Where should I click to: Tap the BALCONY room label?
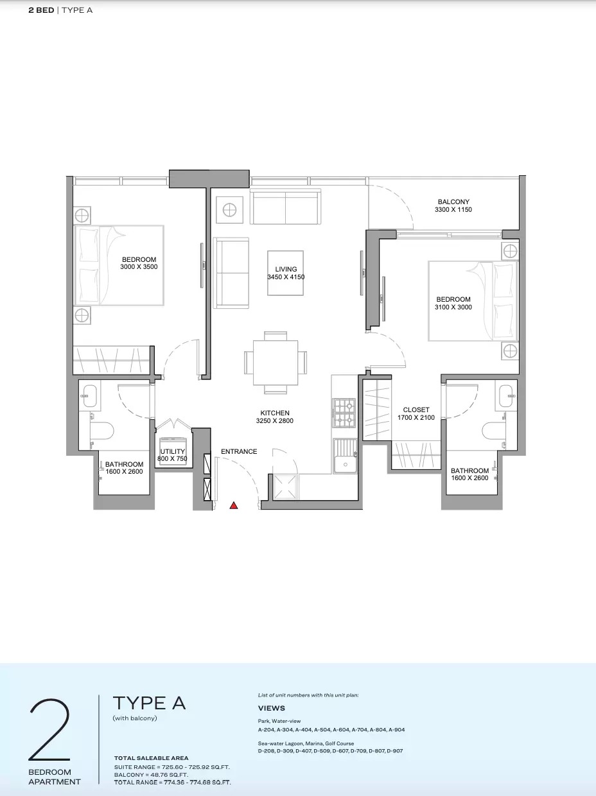click(x=453, y=202)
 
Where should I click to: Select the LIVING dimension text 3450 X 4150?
click(x=286, y=277)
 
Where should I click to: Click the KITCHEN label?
click(x=275, y=413)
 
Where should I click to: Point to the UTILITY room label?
click(x=172, y=452)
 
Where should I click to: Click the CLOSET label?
click(x=416, y=410)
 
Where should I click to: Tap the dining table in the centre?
click(x=276, y=363)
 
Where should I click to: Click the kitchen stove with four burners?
click(x=344, y=413)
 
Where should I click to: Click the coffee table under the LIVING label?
click(x=286, y=273)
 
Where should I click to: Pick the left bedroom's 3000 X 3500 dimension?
click(x=139, y=267)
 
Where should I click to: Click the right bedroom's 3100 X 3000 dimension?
click(x=453, y=307)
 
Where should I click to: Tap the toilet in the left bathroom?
click(x=101, y=430)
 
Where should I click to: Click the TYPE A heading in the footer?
click(x=149, y=703)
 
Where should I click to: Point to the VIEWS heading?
click(x=272, y=709)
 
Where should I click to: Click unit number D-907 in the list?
click(x=394, y=750)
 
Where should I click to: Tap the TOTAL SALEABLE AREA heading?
click(x=151, y=758)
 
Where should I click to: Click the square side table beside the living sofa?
click(x=229, y=209)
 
